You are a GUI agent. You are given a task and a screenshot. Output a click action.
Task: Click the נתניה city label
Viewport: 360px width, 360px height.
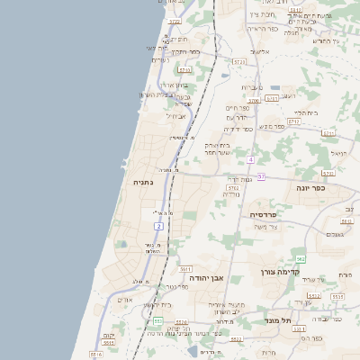(x=144, y=182)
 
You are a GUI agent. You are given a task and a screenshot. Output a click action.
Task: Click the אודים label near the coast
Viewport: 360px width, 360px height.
(x=125, y=300)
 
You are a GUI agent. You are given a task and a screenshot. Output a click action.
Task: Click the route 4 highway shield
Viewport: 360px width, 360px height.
(x=252, y=159)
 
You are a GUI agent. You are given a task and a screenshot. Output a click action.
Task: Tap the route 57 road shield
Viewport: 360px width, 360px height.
(x=261, y=176)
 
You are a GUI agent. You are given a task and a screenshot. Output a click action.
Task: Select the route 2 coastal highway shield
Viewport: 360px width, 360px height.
(x=158, y=226)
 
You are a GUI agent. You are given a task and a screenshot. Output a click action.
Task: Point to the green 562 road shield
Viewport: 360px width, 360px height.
(x=301, y=259)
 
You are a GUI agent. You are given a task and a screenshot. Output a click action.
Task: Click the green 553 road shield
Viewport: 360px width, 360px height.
(x=157, y=320)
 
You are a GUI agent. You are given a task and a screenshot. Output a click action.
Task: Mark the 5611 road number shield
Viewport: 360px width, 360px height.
(x=185, y=268)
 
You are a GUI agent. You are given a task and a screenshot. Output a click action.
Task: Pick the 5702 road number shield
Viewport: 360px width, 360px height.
(x=233, y=188)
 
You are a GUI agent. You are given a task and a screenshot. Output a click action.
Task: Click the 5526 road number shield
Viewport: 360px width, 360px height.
(x=181, y=322)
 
